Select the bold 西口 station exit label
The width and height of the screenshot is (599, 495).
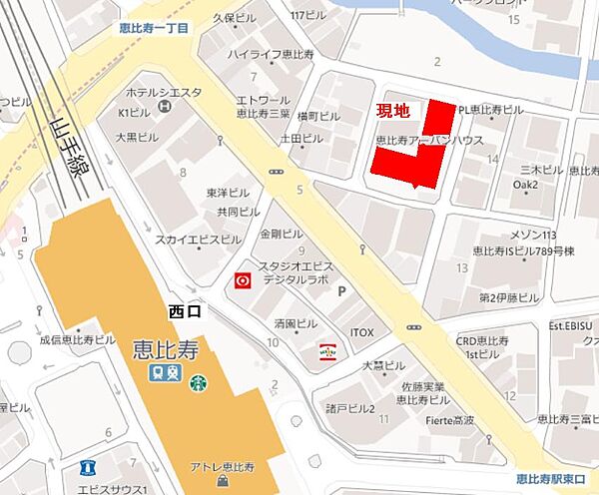point(185,312)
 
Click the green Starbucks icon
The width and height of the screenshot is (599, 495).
point(199,381)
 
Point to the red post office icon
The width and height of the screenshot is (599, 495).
point(241,282)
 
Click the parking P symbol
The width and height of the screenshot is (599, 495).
point(342,291)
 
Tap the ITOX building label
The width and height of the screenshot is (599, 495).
point(361,331)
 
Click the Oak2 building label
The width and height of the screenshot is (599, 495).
point(525,186)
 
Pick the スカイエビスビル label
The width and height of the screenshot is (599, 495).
point(198,241)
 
